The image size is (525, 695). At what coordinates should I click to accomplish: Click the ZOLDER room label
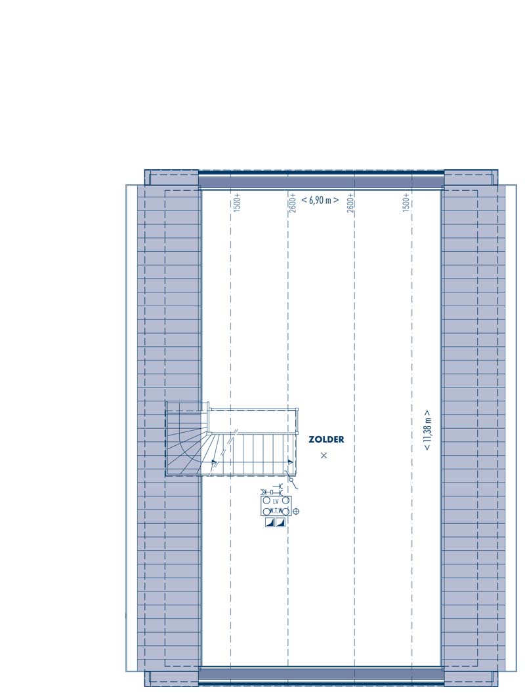click(326, 439)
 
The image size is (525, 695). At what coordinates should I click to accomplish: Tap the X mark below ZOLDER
click(324, 455)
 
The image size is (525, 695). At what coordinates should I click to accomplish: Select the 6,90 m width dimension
click(320, 200)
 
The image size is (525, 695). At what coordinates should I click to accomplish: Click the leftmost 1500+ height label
click(236, 202)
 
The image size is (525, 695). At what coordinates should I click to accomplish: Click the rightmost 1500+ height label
click(406, 202)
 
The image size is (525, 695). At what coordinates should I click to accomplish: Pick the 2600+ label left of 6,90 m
click(293, 203)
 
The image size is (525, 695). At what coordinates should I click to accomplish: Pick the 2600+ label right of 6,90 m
click(350, 203)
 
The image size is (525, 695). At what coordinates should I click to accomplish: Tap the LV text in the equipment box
click(276, 502)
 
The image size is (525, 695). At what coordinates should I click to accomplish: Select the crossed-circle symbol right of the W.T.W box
click(296, 511)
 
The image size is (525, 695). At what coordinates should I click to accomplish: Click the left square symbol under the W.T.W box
click(270, 523)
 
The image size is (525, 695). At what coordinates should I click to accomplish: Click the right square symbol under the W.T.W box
click(280, 523)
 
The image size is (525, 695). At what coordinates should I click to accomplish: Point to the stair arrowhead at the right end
click(291, 462)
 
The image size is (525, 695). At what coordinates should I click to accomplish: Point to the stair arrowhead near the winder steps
click(215, 462)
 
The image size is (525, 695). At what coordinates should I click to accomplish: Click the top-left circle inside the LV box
click(266, 500)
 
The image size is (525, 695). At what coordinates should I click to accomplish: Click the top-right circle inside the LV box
click(285, 500)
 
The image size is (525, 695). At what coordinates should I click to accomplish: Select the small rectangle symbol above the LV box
click(271, 492)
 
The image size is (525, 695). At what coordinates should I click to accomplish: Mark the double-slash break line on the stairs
click(236, 430)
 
